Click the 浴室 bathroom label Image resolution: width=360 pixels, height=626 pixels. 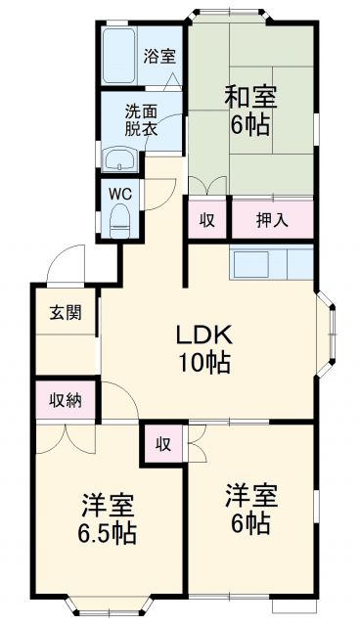159,56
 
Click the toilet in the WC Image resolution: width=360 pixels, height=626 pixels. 121,218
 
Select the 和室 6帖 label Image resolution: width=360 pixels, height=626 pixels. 251,110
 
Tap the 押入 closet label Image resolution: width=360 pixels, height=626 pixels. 271,220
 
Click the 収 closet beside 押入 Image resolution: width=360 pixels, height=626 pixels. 207,220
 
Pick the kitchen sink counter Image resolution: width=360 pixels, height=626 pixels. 271,262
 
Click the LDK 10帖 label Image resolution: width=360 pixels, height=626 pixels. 202,347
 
